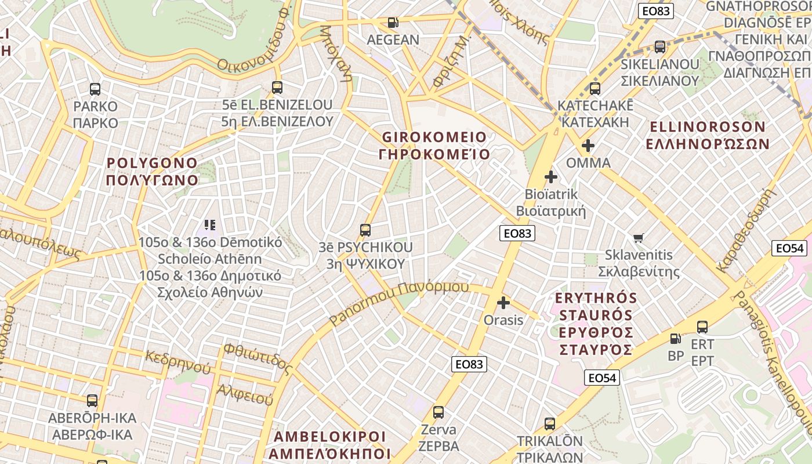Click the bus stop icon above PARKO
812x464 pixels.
click(95, 89)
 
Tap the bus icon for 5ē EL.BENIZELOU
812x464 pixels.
click(277, 88)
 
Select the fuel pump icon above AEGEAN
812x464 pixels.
click(393, 23)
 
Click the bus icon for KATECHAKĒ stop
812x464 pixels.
click(594, 89)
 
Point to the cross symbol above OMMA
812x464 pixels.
click(588, 146)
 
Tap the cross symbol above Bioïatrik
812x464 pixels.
click(551, 176)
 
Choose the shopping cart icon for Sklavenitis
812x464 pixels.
click(639, 238)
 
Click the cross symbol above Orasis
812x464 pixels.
click(503, 303)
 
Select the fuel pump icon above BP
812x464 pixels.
click(676, 338)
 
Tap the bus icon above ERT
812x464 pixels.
click(702, 327)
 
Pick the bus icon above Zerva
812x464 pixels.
click(438, 412)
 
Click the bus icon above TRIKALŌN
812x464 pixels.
click(550, 424)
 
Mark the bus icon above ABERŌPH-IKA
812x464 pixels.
click(92, 400)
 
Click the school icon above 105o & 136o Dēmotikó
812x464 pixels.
click(210, 224)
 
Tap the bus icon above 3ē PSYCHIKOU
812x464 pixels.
click(365, 230)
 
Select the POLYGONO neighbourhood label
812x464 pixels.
click(153, 171)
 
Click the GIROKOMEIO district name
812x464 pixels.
click(434, 146)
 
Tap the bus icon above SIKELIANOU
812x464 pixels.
click(660, 47)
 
